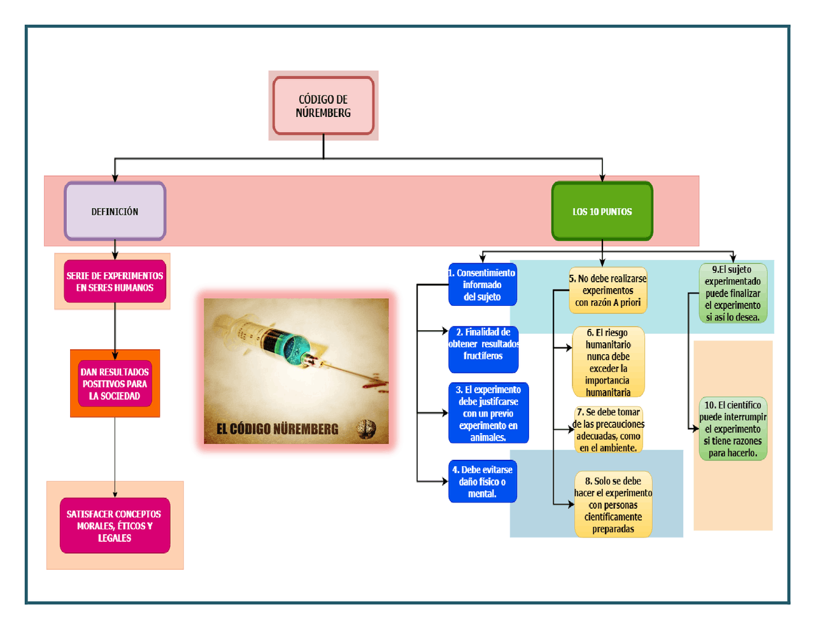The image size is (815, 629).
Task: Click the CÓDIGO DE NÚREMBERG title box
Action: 323,106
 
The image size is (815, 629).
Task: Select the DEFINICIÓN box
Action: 115,211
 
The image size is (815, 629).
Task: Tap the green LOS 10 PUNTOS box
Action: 602,211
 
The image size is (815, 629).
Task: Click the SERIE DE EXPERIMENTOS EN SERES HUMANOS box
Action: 115,282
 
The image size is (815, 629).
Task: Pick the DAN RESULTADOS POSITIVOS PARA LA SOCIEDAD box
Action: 115,384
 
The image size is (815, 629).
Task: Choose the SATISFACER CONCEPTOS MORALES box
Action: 115,525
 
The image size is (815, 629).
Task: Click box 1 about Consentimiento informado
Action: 483,285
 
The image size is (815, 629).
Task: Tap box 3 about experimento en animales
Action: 488,413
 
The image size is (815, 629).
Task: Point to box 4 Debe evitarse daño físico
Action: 483,481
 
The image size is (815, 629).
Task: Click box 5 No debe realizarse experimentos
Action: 608,290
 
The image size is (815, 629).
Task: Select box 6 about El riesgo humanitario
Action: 608,362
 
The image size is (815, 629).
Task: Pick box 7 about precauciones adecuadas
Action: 608,430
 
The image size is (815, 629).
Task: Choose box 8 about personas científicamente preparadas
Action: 613,504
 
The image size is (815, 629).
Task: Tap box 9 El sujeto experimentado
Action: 733,293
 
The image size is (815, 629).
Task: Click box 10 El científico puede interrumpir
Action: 733,429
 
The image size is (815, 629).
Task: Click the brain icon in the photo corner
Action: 366,429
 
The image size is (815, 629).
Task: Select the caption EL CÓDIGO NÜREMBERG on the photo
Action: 277,429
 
